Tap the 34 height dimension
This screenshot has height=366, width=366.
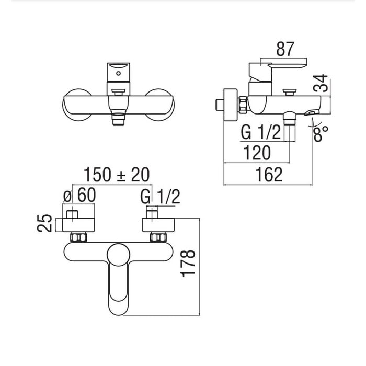pos(321,83)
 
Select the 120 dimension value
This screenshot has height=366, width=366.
pos(257,153)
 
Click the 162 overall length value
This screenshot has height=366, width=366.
pos(269,175)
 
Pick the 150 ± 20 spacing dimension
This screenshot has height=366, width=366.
pos(117,175)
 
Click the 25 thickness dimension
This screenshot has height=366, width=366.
pos(44,223)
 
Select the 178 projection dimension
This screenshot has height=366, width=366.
pos(188,264)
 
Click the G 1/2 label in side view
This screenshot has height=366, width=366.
pos(260,132)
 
